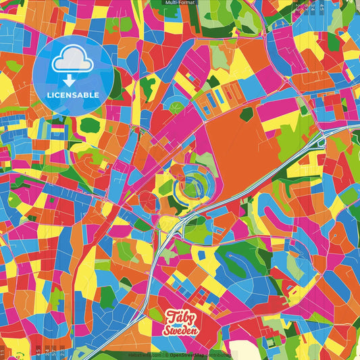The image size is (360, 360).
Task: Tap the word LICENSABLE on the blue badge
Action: [x=72, y=94]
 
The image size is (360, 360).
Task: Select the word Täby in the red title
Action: [x=179, y=317]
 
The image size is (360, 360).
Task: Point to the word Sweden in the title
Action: [x=180, y=330]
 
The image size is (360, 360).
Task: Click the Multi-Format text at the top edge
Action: [x=180, y=3]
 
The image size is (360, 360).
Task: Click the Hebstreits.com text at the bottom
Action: [x=144, y=353]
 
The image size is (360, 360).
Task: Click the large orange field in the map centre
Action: [x=233, y=145]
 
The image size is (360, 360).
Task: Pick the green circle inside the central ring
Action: [x=193, y=182]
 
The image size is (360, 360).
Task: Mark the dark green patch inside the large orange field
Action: [x=247, y=113]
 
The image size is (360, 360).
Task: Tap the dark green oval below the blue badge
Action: [x=89, y=125]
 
